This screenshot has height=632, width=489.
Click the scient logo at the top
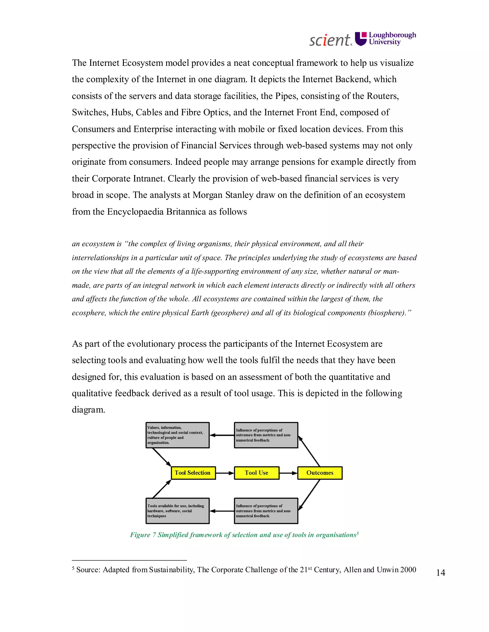click(330, 40)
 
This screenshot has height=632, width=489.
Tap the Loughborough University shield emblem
click(361, 39)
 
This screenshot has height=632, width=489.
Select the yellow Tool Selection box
click(193, 473)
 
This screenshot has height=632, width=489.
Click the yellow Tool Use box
click(257, 473)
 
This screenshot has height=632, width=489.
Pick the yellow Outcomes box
click(320, 473)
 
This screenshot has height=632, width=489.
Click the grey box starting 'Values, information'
click(177, 435)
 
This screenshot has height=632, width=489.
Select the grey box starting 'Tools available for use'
click(177, 511)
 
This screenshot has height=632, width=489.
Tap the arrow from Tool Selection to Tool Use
click(225, 473)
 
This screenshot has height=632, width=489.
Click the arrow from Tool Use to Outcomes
click(288, 473)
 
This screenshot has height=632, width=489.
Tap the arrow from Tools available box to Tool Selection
click(162, 489)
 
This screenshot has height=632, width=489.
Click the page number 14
click(440, 573)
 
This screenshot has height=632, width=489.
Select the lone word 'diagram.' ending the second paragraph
click(88, 410)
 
